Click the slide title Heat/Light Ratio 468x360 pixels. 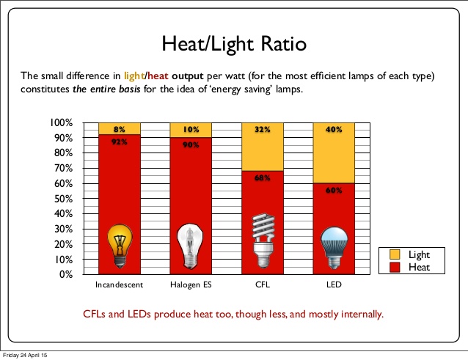pyautogui.click(x=234, y=44)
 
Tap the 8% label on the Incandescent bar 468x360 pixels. pyautogui.click(x=118, y=129)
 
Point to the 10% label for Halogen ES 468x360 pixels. pyautogui.click(x=191, y=129)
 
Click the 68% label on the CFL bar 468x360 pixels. pyautogui.click(x=262, y=178)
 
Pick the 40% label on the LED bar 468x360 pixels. pyautogui.click(x=334, y=129)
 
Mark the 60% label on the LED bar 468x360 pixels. pyautogui.click(x=334, y=191)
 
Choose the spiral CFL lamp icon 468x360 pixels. pyautogui.click(x=262, y=243)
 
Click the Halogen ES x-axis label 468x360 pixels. pyautogui.click(x=190, y=284)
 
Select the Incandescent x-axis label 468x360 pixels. pyautogui.click(x=119, y=284)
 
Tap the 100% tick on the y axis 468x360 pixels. pyautogui.click(x=61, y=122)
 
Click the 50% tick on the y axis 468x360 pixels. pyautogui.click(x=63, y=199)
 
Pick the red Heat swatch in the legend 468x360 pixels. pyautogui.click(x=393, y=267)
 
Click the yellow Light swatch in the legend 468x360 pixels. pyautogui.click(x=393, y=254)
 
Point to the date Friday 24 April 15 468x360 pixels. pyautogui.click(x=24, y=356)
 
